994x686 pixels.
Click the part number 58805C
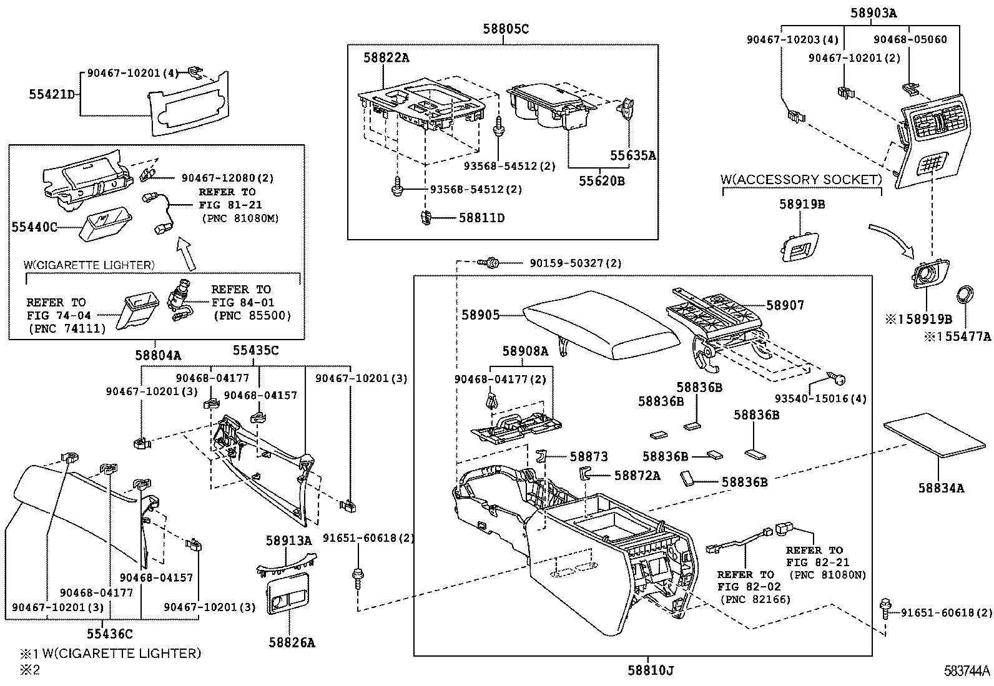click(x=505, y=29)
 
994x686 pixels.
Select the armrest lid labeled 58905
click(x=599, y=325)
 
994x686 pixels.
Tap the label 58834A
click(x=941, y=488)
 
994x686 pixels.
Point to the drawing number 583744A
click(x=967, y=670)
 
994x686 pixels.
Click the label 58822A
click(x=386, y=57)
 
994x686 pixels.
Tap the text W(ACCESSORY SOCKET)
click(x=801, y=180)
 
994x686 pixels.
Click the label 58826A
click(x=292, y=641)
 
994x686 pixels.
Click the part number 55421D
click(x=52, y=94)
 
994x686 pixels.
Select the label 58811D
click(x=481, y=218)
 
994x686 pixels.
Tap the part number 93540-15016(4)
click(x=820, y=398)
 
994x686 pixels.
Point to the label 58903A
click(x=873, y=12)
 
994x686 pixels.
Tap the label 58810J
click(x=650, y=671)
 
